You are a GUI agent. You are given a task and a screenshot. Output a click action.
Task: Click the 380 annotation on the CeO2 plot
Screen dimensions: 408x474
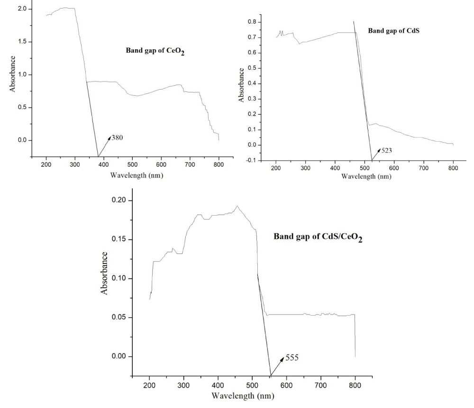click(x=118, y=138)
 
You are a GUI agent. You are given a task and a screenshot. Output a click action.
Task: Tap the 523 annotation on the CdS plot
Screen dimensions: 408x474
click(x=386, y=150)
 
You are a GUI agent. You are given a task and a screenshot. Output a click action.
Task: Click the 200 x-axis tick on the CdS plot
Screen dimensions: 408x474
click(x=276, y=168)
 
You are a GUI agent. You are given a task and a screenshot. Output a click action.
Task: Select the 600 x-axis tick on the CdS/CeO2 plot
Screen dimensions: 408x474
click(x=286, y=385)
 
